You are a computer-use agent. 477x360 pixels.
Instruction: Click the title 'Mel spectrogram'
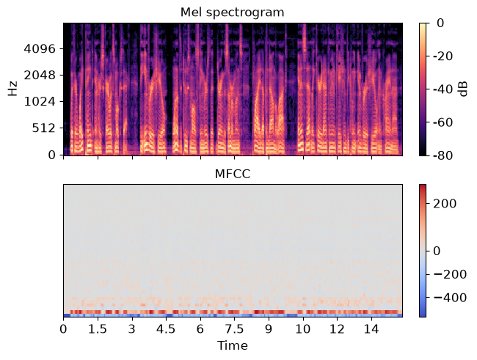[x=233, y=12]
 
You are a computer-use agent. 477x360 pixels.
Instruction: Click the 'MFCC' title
[x=233, y=175]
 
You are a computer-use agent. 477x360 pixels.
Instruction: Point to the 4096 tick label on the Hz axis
[x=40, y=48]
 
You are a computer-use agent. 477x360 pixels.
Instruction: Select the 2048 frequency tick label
[x=40, y=75]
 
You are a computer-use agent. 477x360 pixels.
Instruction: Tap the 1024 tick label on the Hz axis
[x=40, y=102]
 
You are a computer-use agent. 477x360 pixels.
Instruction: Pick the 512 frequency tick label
[x=44, y=128]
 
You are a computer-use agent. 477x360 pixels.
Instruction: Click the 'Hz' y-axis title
[x=12, y=89]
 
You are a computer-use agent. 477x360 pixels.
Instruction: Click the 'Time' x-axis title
[x=233, y=346]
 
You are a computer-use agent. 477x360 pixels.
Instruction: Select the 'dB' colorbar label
[x=463, y=89]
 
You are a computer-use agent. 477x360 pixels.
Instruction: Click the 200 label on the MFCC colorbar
[x=445, y=204]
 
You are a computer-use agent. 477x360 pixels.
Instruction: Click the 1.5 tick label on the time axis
[x=98, y=329]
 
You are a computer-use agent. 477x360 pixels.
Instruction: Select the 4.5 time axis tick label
[x=166, y=329]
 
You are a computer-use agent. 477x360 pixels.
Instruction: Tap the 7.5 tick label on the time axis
[x=235, y=329]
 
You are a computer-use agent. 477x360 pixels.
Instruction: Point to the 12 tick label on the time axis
[x=337, y=329]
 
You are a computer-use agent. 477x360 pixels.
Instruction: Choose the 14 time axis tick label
[x=371, y=329]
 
